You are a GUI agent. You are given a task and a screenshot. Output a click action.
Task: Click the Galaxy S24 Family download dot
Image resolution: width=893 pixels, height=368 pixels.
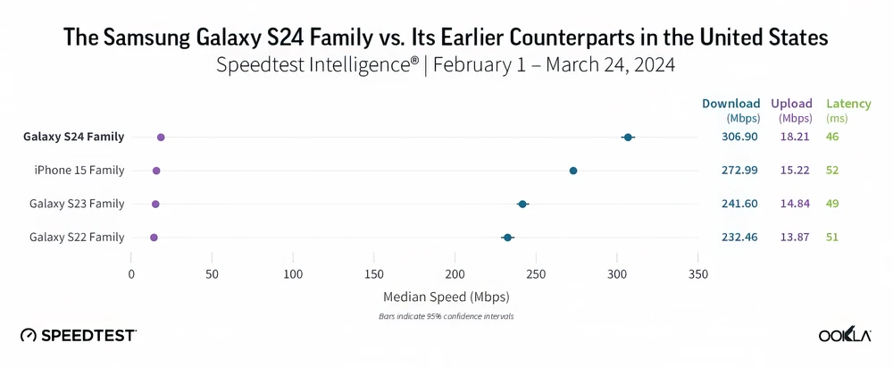click(628, 137)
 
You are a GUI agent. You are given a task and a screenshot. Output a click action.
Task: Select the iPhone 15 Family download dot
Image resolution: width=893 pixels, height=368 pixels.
click(573, 171)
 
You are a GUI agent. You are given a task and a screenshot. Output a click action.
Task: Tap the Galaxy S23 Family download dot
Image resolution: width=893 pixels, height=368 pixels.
click(522, 205)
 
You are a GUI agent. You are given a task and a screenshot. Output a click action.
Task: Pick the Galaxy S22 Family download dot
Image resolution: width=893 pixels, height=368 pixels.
click(507, 238)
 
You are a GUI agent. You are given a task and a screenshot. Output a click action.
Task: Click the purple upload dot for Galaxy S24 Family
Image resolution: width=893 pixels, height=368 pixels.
click(161, 137)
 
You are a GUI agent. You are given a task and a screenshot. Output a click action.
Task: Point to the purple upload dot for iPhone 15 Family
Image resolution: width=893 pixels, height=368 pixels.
click(156, 171)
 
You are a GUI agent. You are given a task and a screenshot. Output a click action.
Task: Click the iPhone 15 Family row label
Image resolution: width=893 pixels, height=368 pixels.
click(79, 171)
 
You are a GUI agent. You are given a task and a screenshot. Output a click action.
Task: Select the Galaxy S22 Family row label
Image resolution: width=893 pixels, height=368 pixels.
click(77, 238)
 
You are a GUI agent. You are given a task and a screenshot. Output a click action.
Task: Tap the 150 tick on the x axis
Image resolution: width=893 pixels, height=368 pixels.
click(374, 273)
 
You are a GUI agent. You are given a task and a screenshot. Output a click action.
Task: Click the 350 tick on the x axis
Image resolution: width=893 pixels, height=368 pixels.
click(698, 273)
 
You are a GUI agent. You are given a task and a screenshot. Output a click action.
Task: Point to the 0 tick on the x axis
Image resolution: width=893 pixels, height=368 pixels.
click(131, 273)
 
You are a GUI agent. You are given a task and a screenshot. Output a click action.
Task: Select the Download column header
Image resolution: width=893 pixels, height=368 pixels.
click(731, 104)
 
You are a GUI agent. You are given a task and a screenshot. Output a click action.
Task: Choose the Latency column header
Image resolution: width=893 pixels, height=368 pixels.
click(848, 104)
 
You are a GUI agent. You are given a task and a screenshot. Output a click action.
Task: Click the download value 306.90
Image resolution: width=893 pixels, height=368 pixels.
click(739, 137)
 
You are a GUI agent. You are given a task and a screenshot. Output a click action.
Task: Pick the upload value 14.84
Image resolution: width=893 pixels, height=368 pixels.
click(794, 205)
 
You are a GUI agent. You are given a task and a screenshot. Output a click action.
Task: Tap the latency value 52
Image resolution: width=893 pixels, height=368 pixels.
click(832, 171)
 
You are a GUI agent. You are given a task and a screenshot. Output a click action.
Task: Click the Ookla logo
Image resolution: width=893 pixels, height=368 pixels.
click(844, 335)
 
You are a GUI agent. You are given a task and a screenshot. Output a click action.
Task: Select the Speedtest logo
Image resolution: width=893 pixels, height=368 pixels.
click(79, 335)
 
